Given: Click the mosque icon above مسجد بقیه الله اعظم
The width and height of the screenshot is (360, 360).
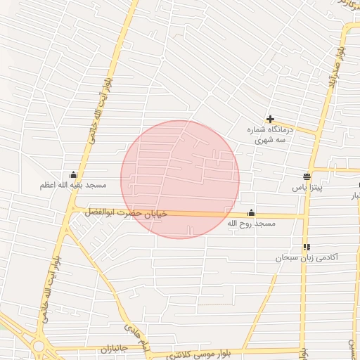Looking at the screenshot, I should (73, 175).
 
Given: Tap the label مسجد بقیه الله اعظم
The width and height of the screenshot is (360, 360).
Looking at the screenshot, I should (73, 186).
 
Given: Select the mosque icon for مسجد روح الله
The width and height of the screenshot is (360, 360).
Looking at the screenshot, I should (252, 213).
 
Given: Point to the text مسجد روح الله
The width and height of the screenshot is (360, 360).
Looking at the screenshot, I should (252, 224).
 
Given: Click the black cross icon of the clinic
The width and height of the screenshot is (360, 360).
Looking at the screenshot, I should (270, 120).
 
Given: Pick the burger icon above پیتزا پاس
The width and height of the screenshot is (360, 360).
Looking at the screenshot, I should (307, 177).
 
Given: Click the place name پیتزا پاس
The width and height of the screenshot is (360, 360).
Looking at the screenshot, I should (307, 188).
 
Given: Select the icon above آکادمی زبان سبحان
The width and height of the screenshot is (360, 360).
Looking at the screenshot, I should (307, 247).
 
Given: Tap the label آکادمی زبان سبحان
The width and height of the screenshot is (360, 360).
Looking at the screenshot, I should (307, 258).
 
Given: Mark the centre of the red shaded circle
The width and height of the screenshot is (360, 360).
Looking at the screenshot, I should (180, 179).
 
